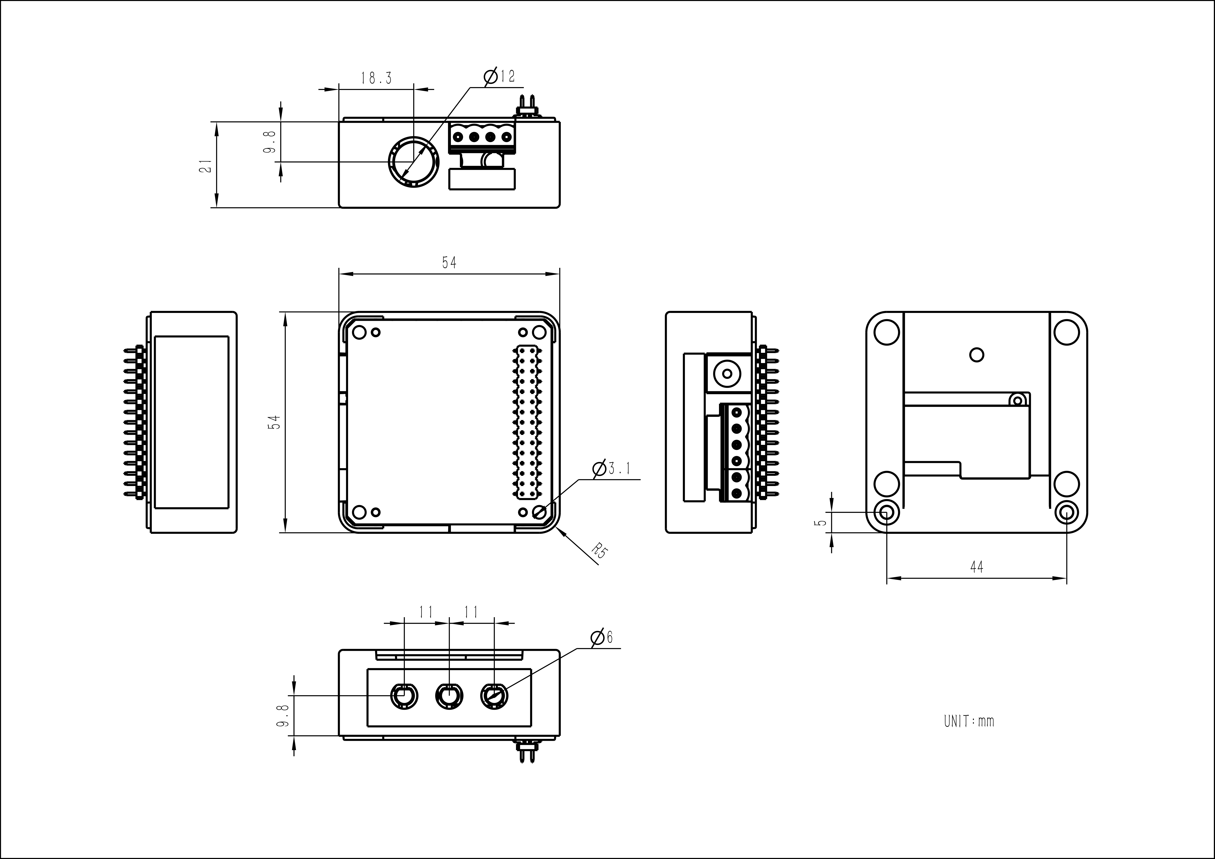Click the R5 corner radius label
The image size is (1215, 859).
[x=599, y=550]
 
